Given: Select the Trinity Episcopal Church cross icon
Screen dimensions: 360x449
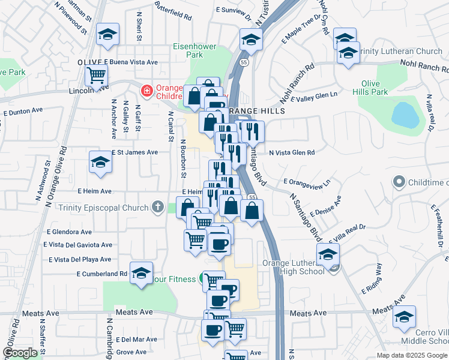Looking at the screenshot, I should tap(157, 208).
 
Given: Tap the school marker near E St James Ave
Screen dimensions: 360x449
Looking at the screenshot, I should tap(100, 162).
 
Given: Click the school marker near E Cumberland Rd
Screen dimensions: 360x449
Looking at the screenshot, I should tap(141, 273).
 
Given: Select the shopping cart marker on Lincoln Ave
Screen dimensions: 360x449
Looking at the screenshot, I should tap(96, 76).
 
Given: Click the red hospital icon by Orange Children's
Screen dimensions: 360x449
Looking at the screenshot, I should tap(146, 91).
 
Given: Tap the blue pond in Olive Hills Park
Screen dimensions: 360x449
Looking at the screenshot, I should tap(405, 115).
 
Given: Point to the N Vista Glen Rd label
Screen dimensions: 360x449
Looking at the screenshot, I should tap(292, 152).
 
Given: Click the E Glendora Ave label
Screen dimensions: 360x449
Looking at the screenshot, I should tap(69, 232).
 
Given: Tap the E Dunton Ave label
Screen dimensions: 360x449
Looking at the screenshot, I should tap(23, 111).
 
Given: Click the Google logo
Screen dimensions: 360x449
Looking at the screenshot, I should tap(20, 353).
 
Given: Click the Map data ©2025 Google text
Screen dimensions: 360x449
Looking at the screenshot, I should tap(411, 355).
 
